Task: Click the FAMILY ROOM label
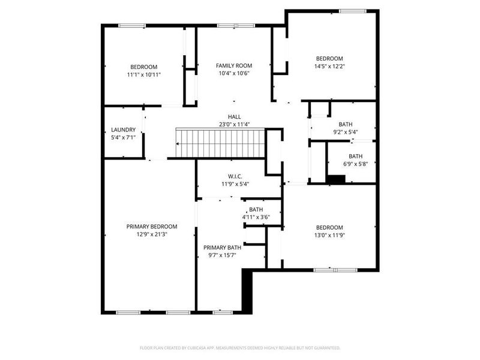pyautogui.click(x=234, y=65)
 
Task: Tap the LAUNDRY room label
pyautogui.click(x=124, y=130)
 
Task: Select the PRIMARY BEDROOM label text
pyautogui.click(x=152, y=226)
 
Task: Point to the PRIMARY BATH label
pyautogui.click(x=222, y=248)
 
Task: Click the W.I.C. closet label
pyautogui.click(x=235, y=176)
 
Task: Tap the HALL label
pyautogui.click(x=234, y=117)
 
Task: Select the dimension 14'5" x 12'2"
pyautogui.click(x=329, y=66)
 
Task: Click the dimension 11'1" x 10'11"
pyautogui.click(x=144, y=74)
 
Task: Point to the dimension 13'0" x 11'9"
pyautogui.click(x=329, y=235)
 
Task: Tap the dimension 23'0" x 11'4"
pyautogui.click(x=234, y=125)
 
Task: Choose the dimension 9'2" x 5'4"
pyautogui.click(x=346, y=132)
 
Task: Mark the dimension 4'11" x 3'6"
pyautogui.click(x=256, y=217)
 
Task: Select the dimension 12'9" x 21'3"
pyautogui.click(x=152, y=234)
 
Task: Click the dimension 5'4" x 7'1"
pyautogui.click(x=124, y=137)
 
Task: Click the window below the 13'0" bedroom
pyautogui.click(x=332, y=269)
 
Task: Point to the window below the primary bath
pyautogui.click(x=223, y=312)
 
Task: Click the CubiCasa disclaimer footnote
pyautogui.click(x=240, y=347)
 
